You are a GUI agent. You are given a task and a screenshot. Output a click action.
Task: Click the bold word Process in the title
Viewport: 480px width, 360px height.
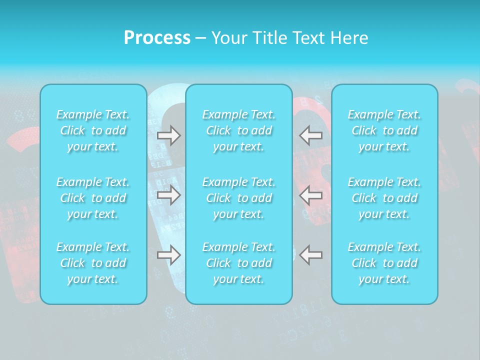pos(157,38)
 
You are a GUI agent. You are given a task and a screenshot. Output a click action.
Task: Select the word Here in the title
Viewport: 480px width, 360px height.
pos(348,38)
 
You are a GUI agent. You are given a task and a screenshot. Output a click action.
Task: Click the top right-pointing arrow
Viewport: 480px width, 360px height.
pos(168,135)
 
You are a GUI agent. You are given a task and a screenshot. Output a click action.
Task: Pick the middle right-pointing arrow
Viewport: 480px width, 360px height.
pos(168,195)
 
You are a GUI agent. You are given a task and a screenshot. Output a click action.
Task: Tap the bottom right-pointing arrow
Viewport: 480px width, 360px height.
pos(168,255)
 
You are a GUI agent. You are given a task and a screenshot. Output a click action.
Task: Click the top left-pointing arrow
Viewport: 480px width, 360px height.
pos(310,135)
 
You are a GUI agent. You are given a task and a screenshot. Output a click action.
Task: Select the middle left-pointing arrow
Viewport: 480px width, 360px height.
pos(310,195)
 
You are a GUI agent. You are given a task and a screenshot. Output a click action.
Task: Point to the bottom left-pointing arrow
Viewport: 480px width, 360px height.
pos(310,255)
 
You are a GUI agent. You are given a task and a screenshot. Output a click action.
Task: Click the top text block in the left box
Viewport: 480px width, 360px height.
pos(93,130)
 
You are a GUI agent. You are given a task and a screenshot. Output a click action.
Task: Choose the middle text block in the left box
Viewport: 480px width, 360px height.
pos(93,198)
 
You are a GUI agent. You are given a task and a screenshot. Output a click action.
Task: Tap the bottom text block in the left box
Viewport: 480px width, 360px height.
pos(93,263)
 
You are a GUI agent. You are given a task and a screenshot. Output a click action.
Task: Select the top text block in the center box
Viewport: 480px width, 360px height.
pos(239,130)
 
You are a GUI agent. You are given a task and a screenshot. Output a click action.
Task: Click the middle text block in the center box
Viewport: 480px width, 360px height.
pos(239,198)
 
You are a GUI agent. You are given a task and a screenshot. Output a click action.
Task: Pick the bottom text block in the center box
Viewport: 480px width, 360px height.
pos(239,263)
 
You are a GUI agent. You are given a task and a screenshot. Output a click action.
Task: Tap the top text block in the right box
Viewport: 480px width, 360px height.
pos(384,130)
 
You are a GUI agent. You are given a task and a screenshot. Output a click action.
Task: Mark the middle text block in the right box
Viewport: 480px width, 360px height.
pos(384,198)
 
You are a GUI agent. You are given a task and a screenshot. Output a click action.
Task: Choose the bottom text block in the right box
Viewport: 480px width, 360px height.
pos(384,263)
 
